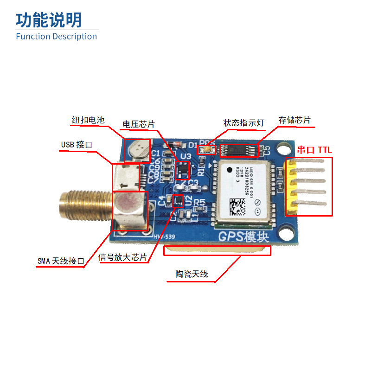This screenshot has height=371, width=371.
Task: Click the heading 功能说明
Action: point(49,20)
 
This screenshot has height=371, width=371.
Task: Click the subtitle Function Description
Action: point(57,36)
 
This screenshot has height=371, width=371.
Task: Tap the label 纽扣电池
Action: point(88,120)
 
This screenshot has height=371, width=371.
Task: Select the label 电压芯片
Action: point(138,124)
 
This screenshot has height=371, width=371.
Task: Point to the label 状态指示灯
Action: point(243,123)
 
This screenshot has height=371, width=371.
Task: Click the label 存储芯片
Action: point(294,121)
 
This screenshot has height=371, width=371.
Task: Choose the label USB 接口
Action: point(77,145)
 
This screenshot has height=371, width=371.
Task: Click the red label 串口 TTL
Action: point(314,150)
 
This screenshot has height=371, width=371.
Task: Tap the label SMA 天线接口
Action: point(61,261)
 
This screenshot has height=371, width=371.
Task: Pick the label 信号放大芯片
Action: point(123,257)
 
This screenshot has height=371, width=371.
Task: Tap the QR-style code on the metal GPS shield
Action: point(238,206)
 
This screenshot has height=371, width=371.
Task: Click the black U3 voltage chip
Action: point(184,169)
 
